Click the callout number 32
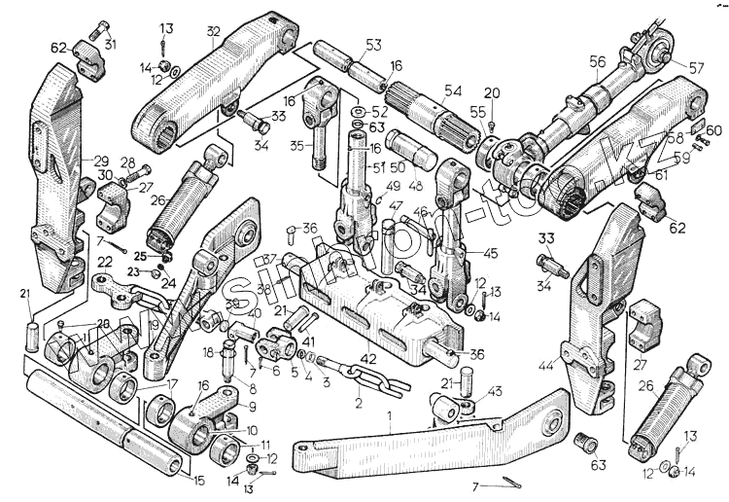[x=213, y=29]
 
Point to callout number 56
[x=596, y=60]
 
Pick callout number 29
[x=101, y=160]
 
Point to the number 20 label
[x=492, y=92]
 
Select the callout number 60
[x=714, y=129]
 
